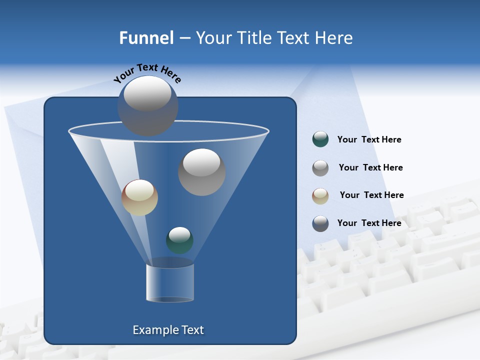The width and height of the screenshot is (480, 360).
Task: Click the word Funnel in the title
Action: [146, 38]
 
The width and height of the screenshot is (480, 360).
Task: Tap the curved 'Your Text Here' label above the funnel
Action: [147, 72]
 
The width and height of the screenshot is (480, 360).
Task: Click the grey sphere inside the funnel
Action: [202, 172]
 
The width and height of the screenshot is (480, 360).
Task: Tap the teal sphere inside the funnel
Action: [179, 240]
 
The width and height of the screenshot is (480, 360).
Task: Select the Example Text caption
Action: [168, 330]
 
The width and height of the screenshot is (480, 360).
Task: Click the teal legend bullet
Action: [320, 139]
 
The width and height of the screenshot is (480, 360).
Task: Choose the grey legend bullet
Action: [320, 167]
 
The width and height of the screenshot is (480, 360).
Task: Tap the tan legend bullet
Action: [320, 195]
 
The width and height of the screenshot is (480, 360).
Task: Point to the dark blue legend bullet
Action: [320, 223]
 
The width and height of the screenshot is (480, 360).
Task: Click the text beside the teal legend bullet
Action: [369, 140]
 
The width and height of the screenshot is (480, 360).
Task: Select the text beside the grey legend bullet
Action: [370, 167]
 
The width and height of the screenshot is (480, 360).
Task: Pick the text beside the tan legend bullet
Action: [371, 195]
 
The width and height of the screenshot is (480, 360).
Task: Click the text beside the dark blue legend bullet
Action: [369, 223]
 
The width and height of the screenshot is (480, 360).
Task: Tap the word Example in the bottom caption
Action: [153, 330]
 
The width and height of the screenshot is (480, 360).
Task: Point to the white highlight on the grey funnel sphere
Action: [201, 162]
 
